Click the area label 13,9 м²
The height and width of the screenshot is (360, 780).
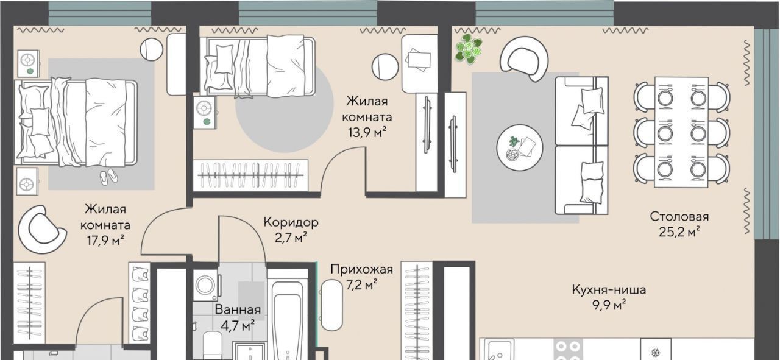coord(367,132)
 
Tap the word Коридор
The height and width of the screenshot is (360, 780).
coord(291,222)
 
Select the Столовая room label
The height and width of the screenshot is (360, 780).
coord(679,217)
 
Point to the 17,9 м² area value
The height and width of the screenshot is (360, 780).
coord(105,240)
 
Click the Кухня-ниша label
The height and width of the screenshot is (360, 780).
coord(609,290)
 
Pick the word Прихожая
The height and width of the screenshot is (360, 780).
coord(362,269)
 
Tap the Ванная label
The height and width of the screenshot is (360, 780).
coord(238,309)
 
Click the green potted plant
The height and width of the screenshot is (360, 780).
coord(469,49)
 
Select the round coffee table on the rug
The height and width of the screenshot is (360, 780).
coord(519,147)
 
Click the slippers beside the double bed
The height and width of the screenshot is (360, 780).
coord(109,177)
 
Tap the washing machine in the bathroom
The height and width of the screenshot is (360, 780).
coord(207,286)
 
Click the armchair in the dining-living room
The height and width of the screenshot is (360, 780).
coord(523,59)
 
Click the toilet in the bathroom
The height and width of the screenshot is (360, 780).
coord(213,346)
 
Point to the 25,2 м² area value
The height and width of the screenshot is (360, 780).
coord(679,232)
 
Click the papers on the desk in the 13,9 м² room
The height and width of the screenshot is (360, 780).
coord(419,60)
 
